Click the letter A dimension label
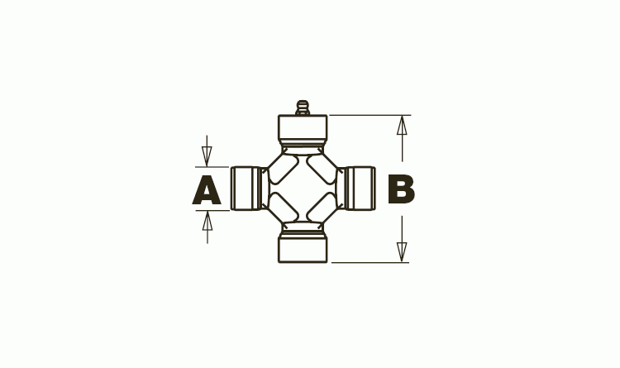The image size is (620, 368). click(207, 190)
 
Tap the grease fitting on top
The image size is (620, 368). click(303, 108)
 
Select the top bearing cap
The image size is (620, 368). click(303, 130)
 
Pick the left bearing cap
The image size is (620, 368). click(246, 189)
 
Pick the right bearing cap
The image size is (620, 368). click(360, 189)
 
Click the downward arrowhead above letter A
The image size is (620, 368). click(207, 156)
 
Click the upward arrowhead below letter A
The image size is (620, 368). click(207, 221)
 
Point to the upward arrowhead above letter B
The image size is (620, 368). click(402, 126)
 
